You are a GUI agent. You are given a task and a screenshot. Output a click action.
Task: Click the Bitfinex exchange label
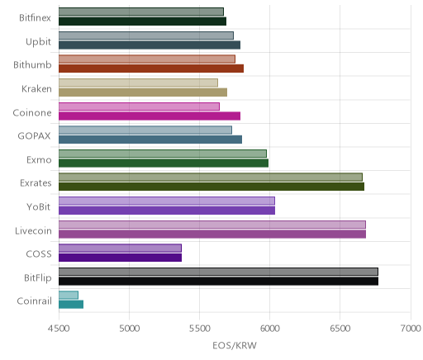click(35, 18)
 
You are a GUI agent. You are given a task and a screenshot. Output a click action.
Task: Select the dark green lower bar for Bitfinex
click(142, 21)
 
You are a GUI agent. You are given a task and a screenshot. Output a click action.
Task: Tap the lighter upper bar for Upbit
click(146, 36)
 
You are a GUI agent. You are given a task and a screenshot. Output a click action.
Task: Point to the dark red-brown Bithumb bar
click(151, 69)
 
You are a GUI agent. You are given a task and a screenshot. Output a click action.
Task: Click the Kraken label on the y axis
click(36, 89)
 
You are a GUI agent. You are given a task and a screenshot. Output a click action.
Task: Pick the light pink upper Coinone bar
click(139, 107)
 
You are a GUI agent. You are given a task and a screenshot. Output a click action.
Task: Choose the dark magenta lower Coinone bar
click(150, 116)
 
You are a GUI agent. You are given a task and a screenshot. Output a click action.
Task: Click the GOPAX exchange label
click(35, 136)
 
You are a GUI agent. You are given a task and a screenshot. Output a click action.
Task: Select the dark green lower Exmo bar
click(164, 163)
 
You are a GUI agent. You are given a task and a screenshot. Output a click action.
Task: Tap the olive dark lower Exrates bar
click(211, 187)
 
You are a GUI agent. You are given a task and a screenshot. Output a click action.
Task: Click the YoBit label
click(39, 206)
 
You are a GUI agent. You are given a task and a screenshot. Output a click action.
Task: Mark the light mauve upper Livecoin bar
click(212, 225)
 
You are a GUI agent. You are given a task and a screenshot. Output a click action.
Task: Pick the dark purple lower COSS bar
click(120, 258)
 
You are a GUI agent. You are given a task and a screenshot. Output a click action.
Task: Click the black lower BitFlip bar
click(218, 282)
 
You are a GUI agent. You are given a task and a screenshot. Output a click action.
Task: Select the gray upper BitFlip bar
click(218, 272)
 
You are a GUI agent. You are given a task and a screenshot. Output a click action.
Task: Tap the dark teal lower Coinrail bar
click(71, 305)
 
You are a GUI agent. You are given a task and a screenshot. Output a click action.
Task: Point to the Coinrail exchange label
click(35, 301)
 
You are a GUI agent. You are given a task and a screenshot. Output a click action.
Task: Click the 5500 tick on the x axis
click(200, 329)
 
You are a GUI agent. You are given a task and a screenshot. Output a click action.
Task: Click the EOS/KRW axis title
click(235, 345)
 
